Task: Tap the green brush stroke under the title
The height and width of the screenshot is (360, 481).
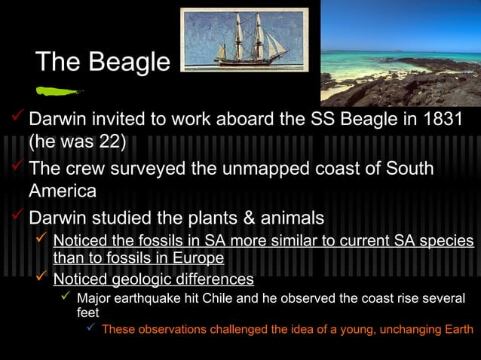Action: (x=57, y=92)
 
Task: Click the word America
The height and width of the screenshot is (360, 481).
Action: (x=63, y=191)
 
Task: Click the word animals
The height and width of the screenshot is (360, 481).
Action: (x=290, y=218)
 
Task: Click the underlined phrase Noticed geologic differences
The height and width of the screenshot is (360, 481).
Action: (x=153, y=279)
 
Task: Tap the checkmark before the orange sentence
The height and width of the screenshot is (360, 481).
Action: (x=90, y=328)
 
